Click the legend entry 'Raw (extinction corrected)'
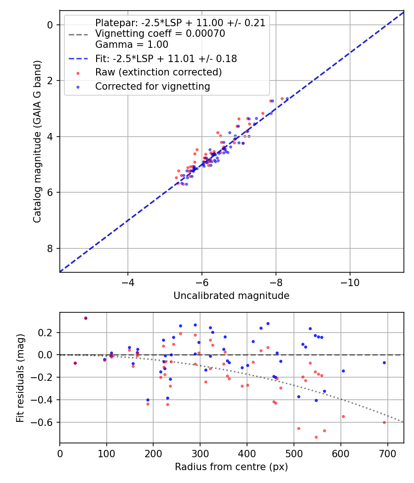coord(158,72)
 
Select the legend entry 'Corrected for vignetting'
coord(152,86)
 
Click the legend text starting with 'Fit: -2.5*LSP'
coord(166,58)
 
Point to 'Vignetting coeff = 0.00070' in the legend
coord(160,34)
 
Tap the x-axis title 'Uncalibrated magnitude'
coord(231,296)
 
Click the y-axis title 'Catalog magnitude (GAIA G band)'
coord(37,141)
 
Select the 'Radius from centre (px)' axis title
coord(231,467)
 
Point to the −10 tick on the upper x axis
coord(350,281)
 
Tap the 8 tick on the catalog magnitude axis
coord(50,248)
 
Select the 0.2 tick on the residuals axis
coord(48,332)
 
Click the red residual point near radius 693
coord(384,422)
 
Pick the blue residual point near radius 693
coord(384,362)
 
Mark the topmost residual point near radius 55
coord(86,318)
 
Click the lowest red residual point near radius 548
coord(316,437)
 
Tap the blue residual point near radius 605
coord(343,371)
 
